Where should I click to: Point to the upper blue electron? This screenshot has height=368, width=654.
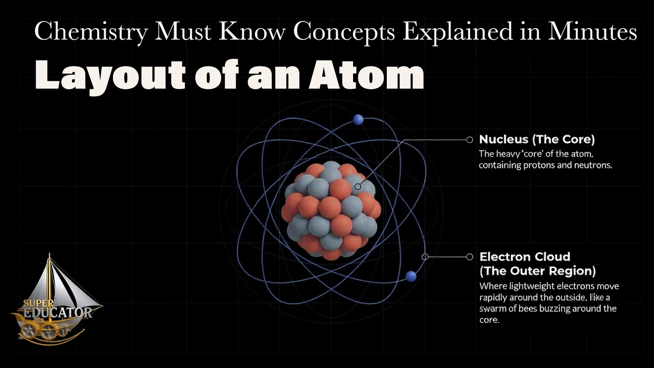click(x=358, y=119)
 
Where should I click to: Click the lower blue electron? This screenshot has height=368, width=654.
click(x=411, y=277)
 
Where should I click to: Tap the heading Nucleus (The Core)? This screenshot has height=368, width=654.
click(x=536, y=140)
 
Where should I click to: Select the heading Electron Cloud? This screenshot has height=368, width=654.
click(x=524, y=257)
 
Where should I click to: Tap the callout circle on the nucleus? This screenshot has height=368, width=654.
click(x=358, y=187)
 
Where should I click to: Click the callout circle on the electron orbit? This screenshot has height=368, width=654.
click(x=425, y=257)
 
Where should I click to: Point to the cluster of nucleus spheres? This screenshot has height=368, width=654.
click(x=331, y=210)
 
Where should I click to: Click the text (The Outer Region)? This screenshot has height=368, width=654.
click(x=538, y=271)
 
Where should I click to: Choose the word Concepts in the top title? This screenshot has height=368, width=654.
click(x=345, y=33)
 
